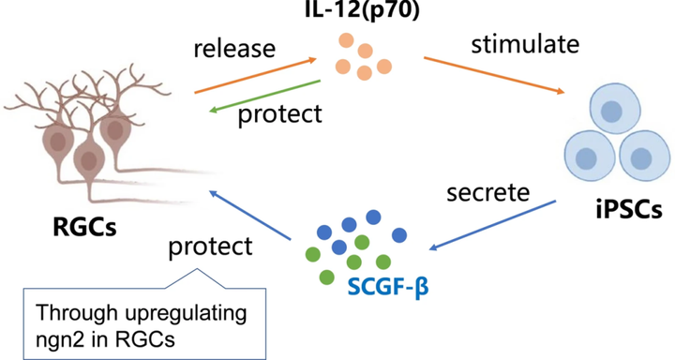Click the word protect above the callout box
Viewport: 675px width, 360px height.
click(x=210, y=247)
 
